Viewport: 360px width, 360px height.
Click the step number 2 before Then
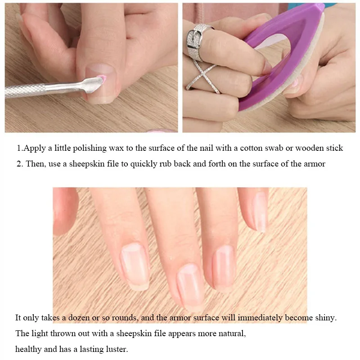pos(19,164)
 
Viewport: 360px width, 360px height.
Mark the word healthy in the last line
pos(28,349)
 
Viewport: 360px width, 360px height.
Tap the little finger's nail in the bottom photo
pos(259,211)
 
